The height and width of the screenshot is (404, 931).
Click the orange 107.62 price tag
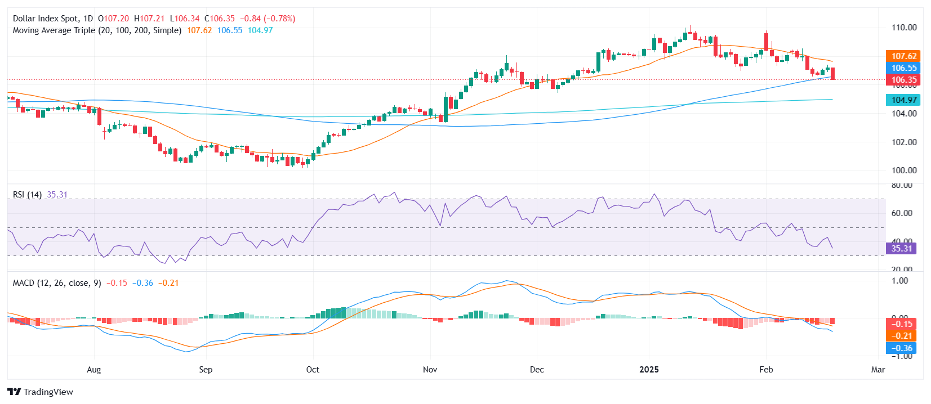(903, 56)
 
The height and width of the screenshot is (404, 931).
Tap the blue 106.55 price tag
(903, 68)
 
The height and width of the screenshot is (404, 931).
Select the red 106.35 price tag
(903, 80)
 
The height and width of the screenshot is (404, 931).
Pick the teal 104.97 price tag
(903, 100)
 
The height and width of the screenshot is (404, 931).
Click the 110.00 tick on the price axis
(903, 27)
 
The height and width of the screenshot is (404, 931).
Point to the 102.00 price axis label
(903, 142)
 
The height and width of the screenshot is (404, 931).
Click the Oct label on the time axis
(312, 370)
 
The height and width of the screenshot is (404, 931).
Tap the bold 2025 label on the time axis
(649, 370)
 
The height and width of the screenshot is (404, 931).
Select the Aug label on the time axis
(94, 370)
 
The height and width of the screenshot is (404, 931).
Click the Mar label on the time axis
(877, 370)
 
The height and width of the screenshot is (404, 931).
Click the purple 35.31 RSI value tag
(901, 248)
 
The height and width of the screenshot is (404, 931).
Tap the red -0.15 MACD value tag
(901, 324)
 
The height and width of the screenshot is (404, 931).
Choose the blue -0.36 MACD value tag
(901, 348)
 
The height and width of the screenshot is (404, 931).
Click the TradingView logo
(41, 392)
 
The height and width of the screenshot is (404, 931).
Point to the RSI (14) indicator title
(27, 195)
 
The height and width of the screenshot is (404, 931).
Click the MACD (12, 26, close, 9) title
(57, 283)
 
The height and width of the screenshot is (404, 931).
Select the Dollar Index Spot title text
(46, 19)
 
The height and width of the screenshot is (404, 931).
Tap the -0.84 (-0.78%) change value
(268, 19)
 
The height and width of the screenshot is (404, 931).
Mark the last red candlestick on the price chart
(833, 73)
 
